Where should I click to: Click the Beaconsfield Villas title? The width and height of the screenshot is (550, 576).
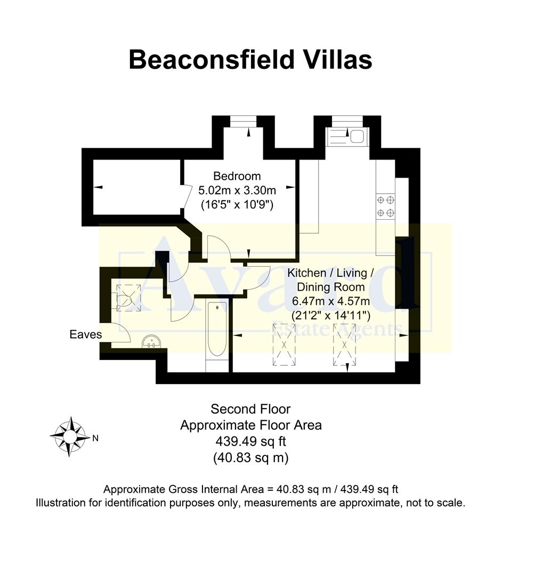[250, 60]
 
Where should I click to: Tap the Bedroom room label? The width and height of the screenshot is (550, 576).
[237, 176]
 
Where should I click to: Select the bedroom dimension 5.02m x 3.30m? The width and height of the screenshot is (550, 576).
[237, 190]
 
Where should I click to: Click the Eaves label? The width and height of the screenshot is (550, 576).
[85, 335]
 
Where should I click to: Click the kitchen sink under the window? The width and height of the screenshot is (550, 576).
[347, 137]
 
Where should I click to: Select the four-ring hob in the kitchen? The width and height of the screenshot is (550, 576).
[386, 206]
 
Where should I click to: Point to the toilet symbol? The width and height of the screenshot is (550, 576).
[126, 298]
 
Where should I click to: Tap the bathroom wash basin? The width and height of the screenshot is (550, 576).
[152, 341]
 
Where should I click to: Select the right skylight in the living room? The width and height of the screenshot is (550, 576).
[343, 344]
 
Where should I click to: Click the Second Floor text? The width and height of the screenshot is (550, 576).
[250, 409]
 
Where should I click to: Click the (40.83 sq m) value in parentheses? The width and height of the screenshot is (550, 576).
[250, 457]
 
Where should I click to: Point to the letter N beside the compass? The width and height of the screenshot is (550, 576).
[95, 439]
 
